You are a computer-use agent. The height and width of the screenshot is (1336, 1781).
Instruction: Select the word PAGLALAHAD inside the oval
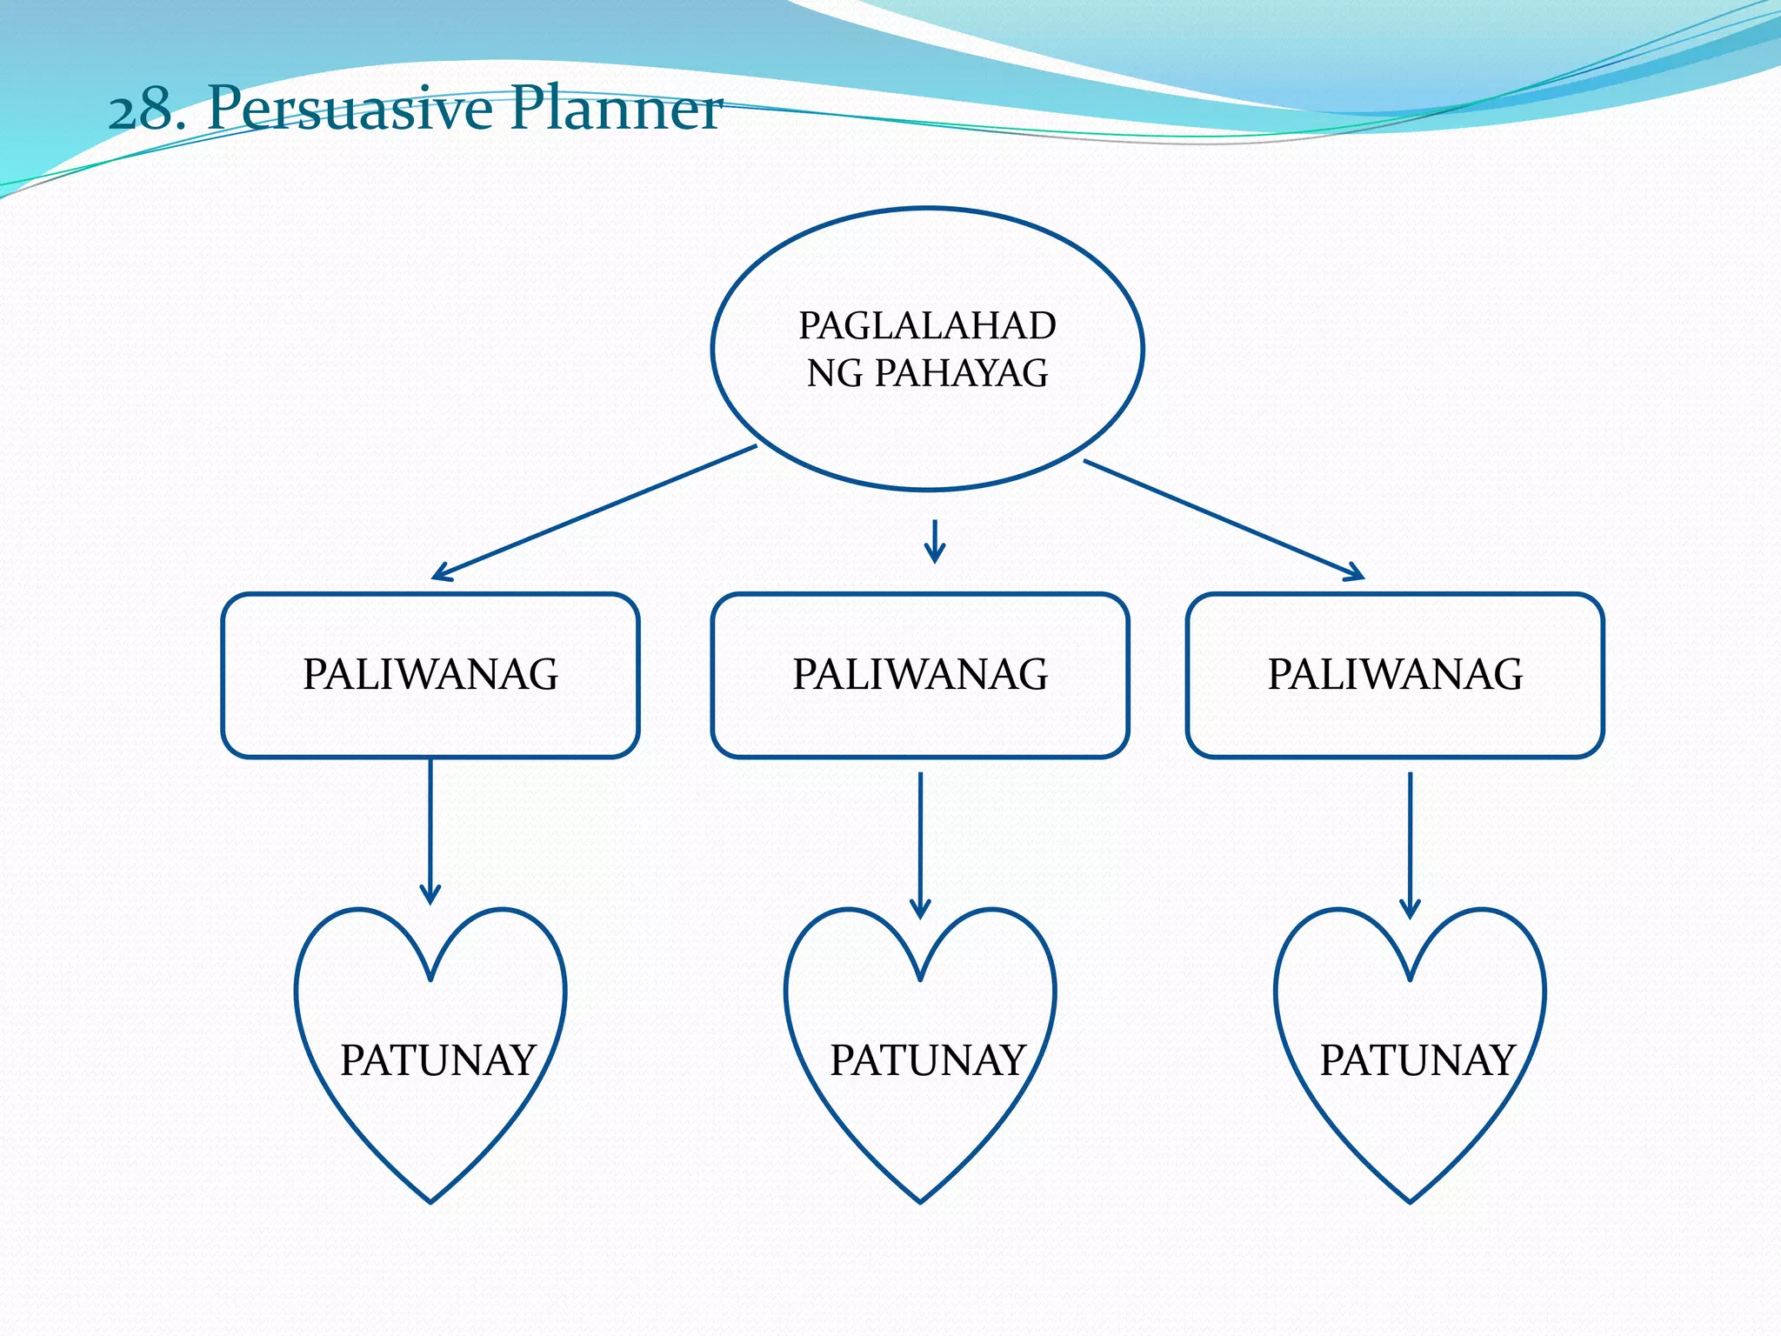click(927, 326)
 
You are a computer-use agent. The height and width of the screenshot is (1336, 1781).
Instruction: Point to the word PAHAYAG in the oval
click(961, 373)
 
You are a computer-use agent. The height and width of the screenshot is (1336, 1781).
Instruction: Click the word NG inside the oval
click(835, 374)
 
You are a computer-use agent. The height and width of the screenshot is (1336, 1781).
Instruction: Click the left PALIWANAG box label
click(430, 675)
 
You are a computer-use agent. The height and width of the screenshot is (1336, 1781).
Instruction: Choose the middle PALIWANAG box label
click(920, 675)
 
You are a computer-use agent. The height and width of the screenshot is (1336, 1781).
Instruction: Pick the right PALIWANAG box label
click(1395, 675)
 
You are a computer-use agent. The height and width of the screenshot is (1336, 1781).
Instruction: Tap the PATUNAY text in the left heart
click(437, 1060)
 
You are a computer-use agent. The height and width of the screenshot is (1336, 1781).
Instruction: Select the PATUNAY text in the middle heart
click(927, 1060)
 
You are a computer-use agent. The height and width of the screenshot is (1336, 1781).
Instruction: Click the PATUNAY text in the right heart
click(1417, 1060)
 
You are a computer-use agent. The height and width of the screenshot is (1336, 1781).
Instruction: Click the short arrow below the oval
click(935, 542)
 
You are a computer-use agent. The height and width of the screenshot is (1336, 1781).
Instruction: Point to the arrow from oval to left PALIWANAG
click(594, 512)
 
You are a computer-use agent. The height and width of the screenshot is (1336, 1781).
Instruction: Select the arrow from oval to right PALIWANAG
click(1224, 519)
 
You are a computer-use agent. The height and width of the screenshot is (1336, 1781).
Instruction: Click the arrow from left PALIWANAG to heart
click(430, 831)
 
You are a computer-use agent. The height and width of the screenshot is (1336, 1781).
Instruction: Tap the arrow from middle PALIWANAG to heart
click(920, 844)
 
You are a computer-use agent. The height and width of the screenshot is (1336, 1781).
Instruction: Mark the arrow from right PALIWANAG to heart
click(1411, 844)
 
